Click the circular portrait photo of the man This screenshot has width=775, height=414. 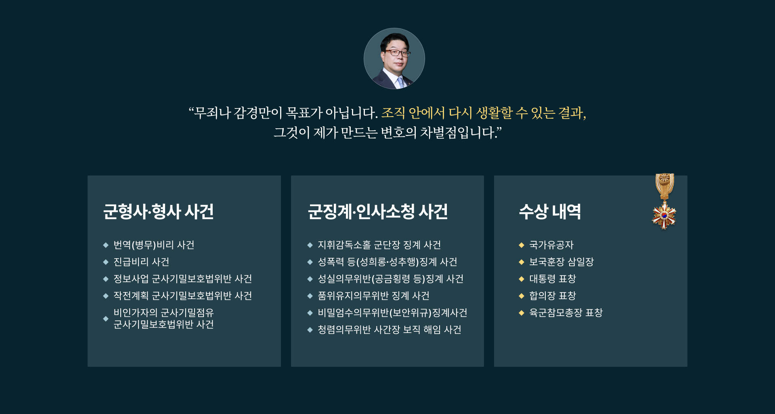tap(394, 59)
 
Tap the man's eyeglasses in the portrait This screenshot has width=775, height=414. tap(397, 52)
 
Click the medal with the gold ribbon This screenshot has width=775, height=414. tap(664, 201)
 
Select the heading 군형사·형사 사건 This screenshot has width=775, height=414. tap(158, 211)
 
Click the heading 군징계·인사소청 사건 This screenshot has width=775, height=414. tap(378, 211)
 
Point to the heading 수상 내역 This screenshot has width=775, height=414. tap(550, 211)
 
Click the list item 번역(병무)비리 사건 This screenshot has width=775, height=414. tap(154, 245)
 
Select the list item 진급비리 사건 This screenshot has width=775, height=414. tap(141, 262)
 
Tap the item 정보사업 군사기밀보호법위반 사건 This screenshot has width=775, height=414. tap(182, 279)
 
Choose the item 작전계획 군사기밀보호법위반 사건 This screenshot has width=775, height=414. tap(182, 296)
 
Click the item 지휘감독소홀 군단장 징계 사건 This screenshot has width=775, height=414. tap(379, 245)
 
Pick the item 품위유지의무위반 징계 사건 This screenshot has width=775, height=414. tap(373, 296)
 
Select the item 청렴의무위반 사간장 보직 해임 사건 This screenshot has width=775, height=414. tap(389, 330)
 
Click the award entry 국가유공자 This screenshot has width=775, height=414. tap(551, 245)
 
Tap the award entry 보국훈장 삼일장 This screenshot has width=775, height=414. tap(561, 262)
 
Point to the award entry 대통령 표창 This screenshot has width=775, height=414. tap(552, 279)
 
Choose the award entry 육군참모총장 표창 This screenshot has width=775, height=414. tap(566, 313)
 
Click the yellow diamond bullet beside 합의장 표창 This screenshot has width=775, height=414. tap(522, 296)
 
